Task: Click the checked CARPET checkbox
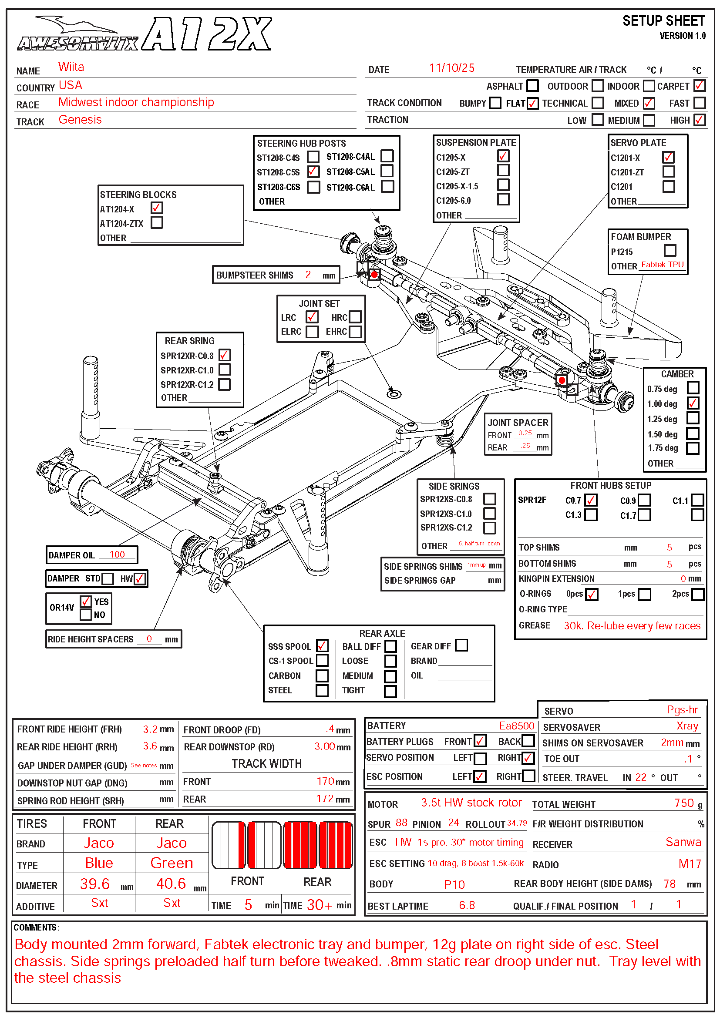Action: pyautogui.click(x=699, y=85)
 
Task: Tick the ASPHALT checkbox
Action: pyautogui.click(x=532, y=85)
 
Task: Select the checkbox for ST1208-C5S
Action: pyautogui.click(x=313, y=171)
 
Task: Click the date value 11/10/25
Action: pyautogui.click(x=451, y=68)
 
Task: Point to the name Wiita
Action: pyautogui.click(x=71, y=67)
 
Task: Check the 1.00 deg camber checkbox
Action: pyautogui.click(x=693, y=403)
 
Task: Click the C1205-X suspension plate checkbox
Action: pyautogui.click(x=503, y=156)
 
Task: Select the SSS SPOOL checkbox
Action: pyautogui.click(x=322, y=645)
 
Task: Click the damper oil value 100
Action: pyautogui.click(x=117, y=554)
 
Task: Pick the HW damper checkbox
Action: pyautogui.click(x=139, y=578)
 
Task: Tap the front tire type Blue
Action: pyautogui.click(x=99, y=863)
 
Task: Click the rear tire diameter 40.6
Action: pyautogui.click(x=171, y=883)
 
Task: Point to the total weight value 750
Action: pyautogui.click(x=683, y=803)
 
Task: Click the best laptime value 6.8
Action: pyautogui.click(x=466, y=905)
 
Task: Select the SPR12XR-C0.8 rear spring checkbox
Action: pyautogui.click(x=224, y=355)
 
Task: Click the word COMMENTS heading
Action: pyautogui.click(x=36, y=927)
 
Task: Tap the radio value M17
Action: pyautogui.click(x=690, y=863)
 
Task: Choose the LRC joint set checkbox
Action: pyautogui.click(x=312, y=316)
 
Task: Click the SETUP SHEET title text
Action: pyautogui.click(x=663, y=21)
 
